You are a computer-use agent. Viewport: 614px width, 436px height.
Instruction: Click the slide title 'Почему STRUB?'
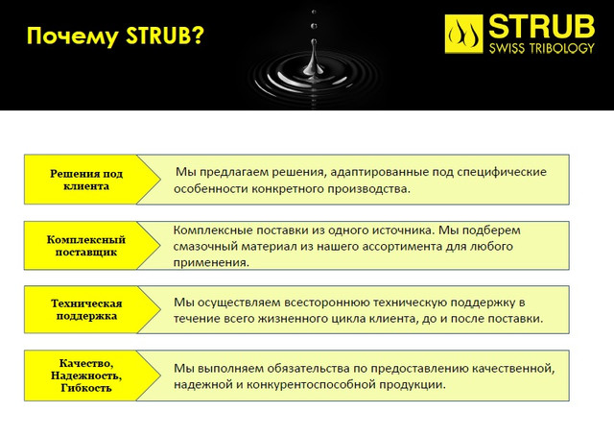coord(115,36)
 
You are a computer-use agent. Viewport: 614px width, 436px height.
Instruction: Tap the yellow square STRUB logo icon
coord(463,35)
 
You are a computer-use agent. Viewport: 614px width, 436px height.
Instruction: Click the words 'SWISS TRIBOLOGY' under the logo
coord(542,48)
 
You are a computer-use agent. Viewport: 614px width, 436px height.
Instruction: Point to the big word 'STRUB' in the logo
coord(542,27)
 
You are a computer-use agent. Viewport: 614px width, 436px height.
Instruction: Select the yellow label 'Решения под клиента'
coord(86,180)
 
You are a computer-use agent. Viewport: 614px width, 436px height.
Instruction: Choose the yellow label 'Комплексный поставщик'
coord(86,246)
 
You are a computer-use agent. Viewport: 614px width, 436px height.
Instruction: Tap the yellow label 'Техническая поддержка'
coord(86,309)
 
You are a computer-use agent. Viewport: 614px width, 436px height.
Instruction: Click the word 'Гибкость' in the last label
coord(86,388)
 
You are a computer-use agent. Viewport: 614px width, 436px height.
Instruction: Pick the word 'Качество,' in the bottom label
coord(86,363)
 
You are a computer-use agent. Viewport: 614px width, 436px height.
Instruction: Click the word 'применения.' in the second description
coord(211,263)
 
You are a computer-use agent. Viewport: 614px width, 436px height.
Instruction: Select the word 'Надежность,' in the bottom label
coord(86,375)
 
